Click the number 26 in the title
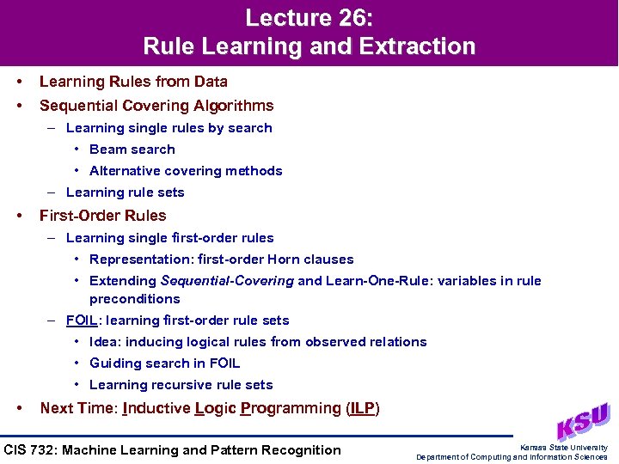[x=349, y=18]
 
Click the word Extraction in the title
[x=415, y=46]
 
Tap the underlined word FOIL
[x=83, y=321]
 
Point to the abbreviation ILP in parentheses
[x=362, y=408]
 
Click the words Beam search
[x=132, y=150]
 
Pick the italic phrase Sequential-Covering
[x=228, y=281]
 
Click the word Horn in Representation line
[x=285, y=259]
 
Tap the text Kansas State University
[x=564, y=447]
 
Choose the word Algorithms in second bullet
[x=233, y=106]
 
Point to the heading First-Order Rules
[x=103, y=216]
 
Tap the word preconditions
[x=134, y=299]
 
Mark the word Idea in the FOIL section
[x=104, y=342]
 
